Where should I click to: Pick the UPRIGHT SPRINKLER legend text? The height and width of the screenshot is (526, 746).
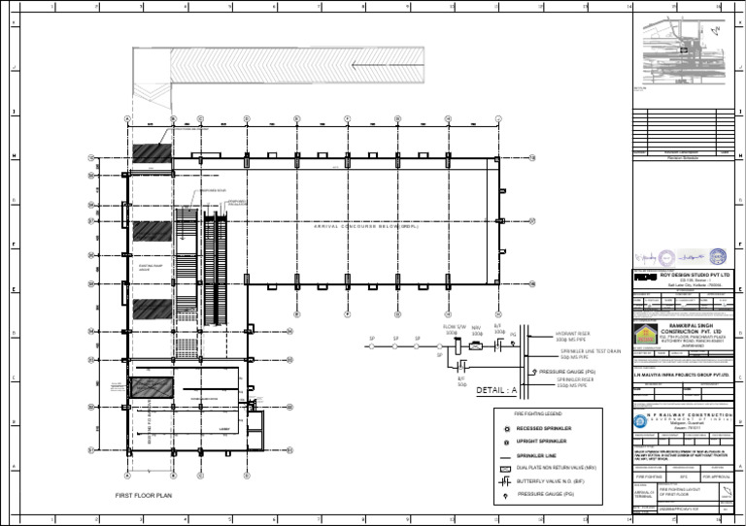pos(542,441)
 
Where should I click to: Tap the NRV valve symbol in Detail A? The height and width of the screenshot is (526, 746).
pos(476,345)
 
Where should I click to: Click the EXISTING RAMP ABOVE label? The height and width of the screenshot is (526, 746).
pos(151,266)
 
